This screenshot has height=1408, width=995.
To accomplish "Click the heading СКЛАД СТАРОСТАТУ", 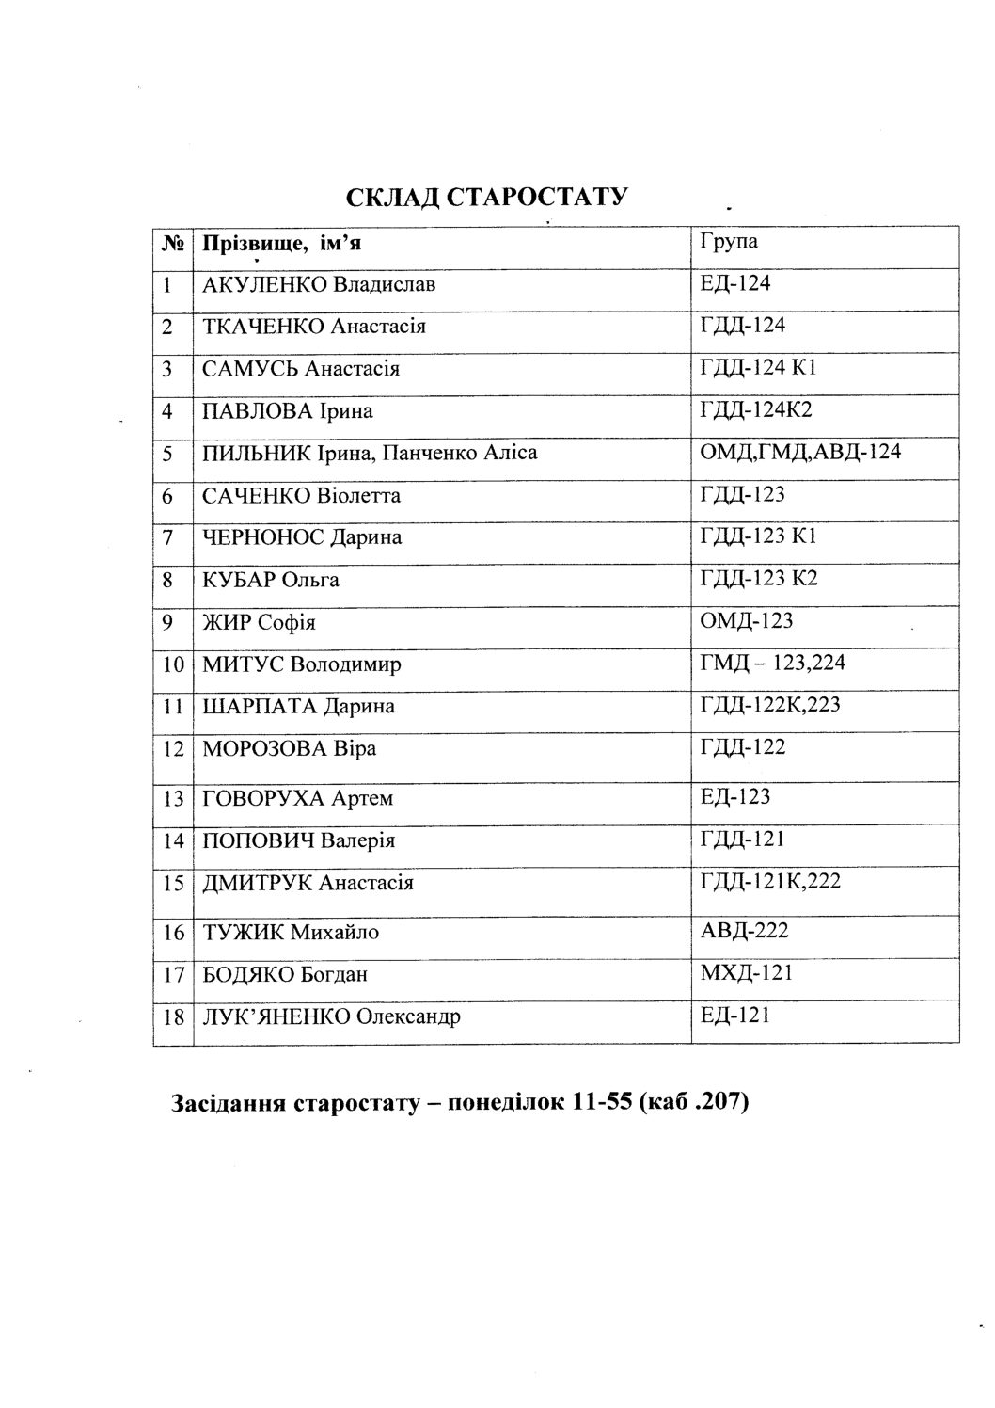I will [x=486, y=198].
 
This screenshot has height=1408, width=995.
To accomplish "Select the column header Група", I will [x=729, y=240].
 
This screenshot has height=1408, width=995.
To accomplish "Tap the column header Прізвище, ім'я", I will [x=282, y=244].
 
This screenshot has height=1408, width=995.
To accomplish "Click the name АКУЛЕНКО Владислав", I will [x=319, y=285].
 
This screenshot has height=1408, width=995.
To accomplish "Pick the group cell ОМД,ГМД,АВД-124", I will [x=800, y=452].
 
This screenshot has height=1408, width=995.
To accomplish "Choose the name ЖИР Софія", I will [x=259, y=623].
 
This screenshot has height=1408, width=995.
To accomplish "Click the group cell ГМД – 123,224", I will [x=772, y=663].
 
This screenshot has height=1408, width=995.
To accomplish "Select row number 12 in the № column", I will [x=172, y=749].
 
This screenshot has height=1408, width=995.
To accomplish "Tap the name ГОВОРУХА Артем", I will [x=297, y=798].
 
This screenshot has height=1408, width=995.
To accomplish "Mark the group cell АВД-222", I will [x=744, y=930].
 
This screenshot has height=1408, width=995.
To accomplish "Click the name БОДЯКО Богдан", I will [x=285, y=975].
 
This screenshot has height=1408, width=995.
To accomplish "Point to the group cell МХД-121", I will [x=747, y=971].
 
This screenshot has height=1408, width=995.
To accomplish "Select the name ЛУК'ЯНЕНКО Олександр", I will [x=331, y=1016].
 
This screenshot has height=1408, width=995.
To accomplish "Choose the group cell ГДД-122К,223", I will [x=770, y=704].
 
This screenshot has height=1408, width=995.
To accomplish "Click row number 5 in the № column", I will [x=168, y=454].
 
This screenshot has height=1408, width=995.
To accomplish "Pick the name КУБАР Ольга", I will [x=271, y=580].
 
